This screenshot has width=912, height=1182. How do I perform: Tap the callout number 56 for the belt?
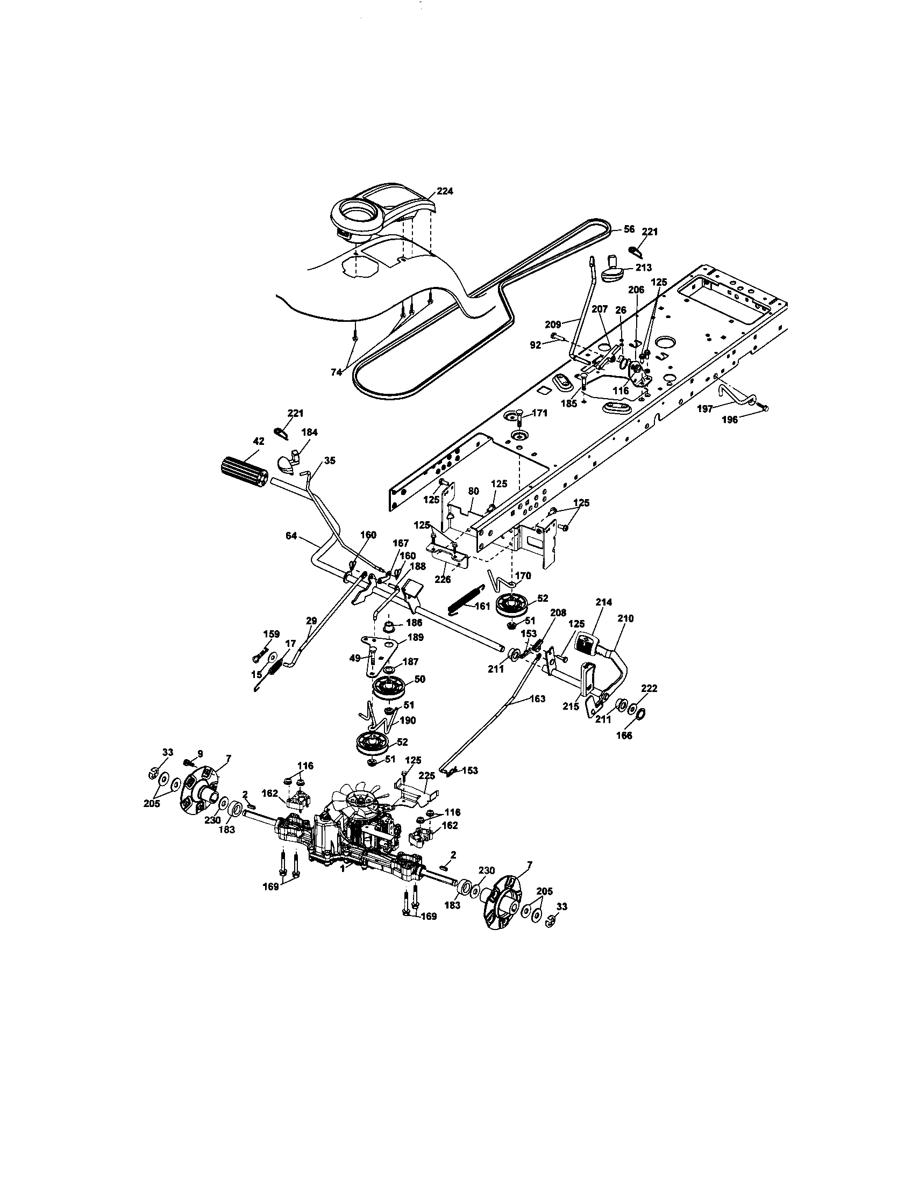(629, 229)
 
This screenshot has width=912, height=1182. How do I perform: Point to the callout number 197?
(704, 409)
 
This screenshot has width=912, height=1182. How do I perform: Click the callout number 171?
(539, 413)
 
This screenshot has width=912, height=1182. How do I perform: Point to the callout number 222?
(649, 688)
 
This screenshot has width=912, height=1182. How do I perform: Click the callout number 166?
(624, 736)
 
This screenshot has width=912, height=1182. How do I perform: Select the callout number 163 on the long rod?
(537, 698)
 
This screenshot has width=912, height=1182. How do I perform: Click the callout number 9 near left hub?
(200, 753)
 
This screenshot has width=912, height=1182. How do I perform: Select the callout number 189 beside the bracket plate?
(416, 637)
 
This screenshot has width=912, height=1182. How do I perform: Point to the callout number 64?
(291, 536)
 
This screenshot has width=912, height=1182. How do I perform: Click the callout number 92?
(536, 344)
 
